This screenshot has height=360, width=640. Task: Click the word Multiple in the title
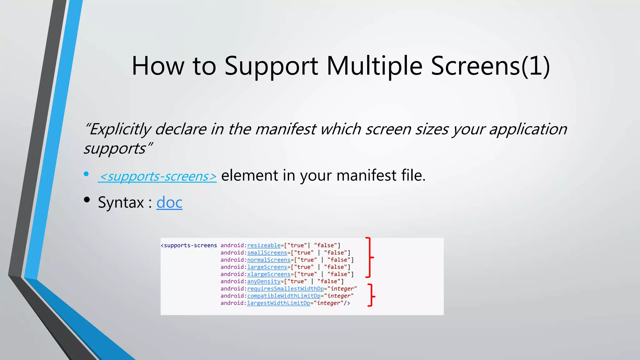tap(374, 66)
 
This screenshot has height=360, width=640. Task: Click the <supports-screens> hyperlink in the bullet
tap(157, 176)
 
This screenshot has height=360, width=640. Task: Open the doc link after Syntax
tap(169, 202)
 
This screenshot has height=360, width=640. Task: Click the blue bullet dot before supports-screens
tap(86, 174)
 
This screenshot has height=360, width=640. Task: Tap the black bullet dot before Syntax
tap(87, 200)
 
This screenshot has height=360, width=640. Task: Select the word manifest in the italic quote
tap(286, 129)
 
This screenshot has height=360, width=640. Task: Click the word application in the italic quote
tap(528, 129)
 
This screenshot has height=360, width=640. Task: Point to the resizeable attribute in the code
tap(264, 246)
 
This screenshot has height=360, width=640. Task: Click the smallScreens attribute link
tap(267, 253)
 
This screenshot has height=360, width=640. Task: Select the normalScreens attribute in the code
tap(269, 260)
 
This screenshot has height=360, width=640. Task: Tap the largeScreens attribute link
tap(267, 267)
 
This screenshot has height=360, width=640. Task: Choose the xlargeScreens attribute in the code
tap(269, 274)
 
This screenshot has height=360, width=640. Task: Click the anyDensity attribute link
tap(264, 282)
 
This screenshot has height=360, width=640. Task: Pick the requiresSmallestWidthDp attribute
tap(285, 289)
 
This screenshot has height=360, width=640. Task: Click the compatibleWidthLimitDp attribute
tap(284, 296)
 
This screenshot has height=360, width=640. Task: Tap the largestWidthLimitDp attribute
tap(278, 303)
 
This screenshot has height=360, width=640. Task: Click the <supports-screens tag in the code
tap(189, 246)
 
